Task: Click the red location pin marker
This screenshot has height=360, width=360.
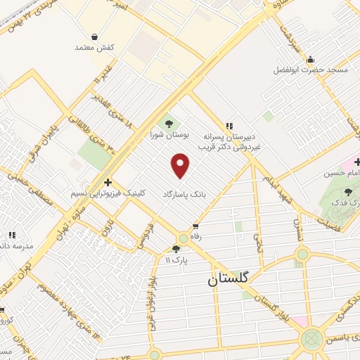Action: [181, 166]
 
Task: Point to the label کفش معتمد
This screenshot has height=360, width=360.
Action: [95, 47]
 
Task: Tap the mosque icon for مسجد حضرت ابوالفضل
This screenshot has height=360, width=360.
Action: [310, 59]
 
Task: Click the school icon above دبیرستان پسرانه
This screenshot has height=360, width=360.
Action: [229, 124]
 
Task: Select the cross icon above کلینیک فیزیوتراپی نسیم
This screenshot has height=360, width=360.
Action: [107, 182]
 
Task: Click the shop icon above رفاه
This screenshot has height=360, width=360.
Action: [195, 226]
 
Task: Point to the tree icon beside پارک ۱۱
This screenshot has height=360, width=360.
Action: [176, 249]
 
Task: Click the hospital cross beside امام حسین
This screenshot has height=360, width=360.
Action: [356, 162]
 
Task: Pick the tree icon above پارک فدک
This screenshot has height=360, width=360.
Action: [349, 192]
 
